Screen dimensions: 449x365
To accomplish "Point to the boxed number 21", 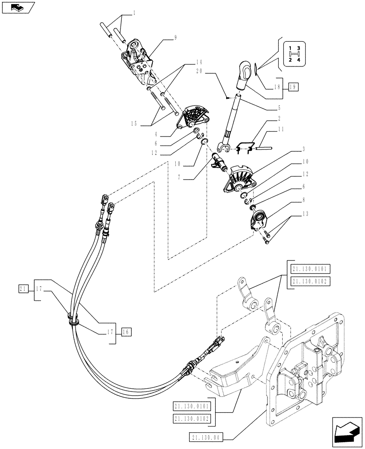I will click(x=24, y=288).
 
